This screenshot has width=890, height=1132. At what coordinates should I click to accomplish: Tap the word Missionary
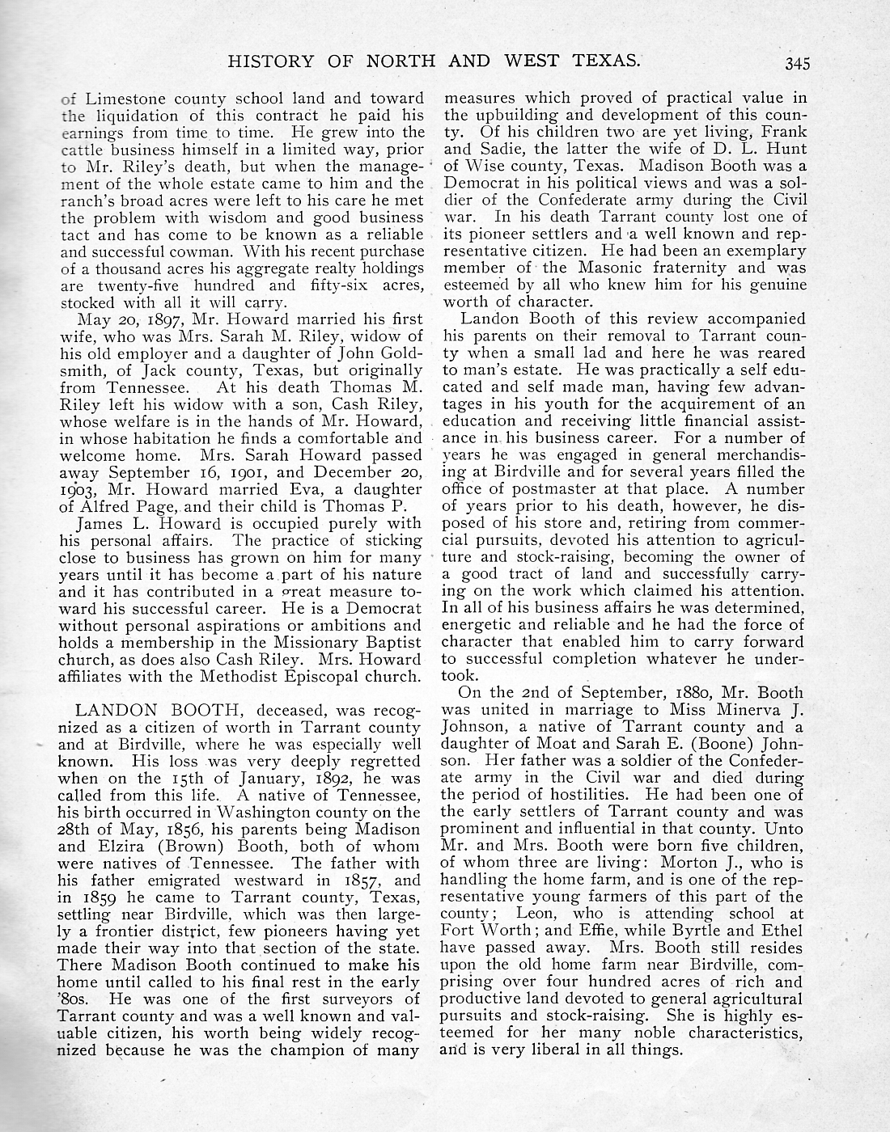click(x=301, y=642)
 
